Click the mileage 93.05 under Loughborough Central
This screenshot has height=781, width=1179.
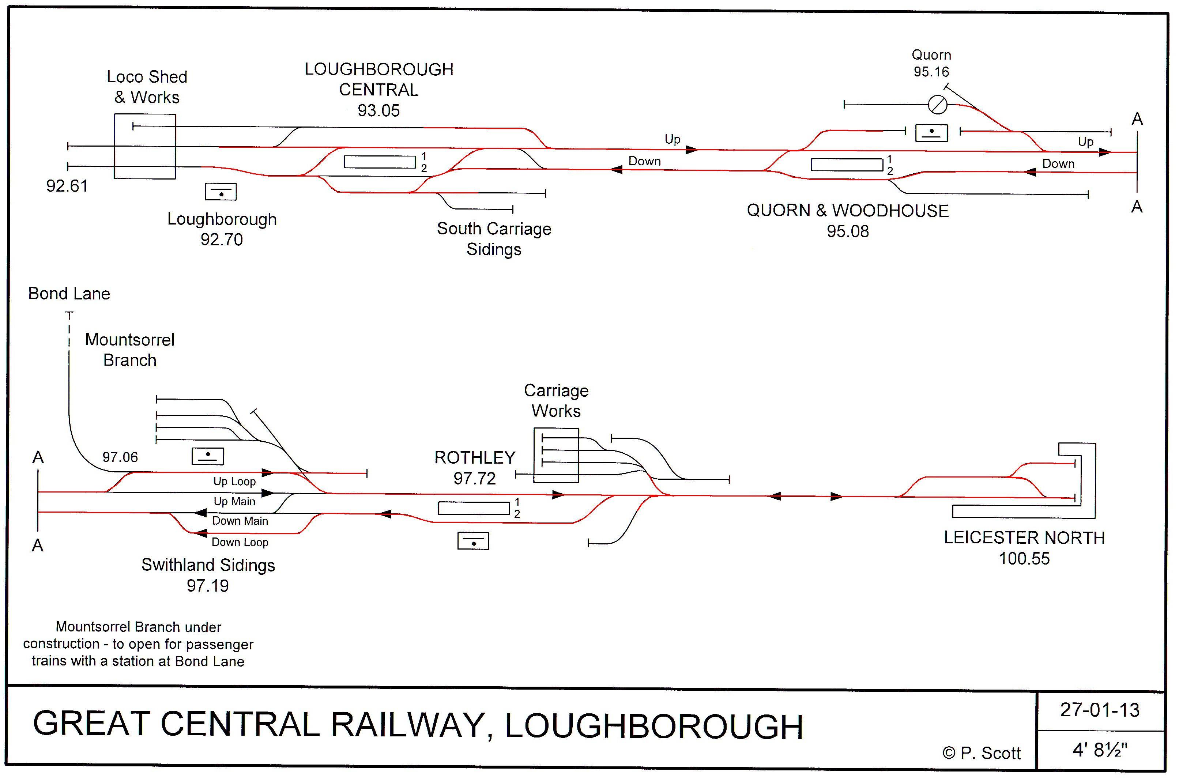pos(378,110)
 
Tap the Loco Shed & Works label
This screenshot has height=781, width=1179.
pos(147,87)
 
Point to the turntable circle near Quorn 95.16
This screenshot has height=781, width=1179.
pos(937,105)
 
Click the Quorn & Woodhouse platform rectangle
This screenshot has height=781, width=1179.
pos(847,165)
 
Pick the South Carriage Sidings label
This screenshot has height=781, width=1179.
pos(494,239)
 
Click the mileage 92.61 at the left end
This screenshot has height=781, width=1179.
pos(67,186)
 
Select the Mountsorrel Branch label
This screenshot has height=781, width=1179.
pos(129,350)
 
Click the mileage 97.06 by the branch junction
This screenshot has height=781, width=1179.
pos(120,457)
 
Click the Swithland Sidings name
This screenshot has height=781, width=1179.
pos(208,565)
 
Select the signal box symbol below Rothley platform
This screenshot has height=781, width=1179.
pos(473,542)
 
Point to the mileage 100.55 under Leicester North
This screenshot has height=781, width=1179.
pos(1024,558)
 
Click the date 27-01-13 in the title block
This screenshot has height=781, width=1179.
pos(1100,710)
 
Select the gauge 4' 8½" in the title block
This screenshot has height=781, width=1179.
pos(1100,750)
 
